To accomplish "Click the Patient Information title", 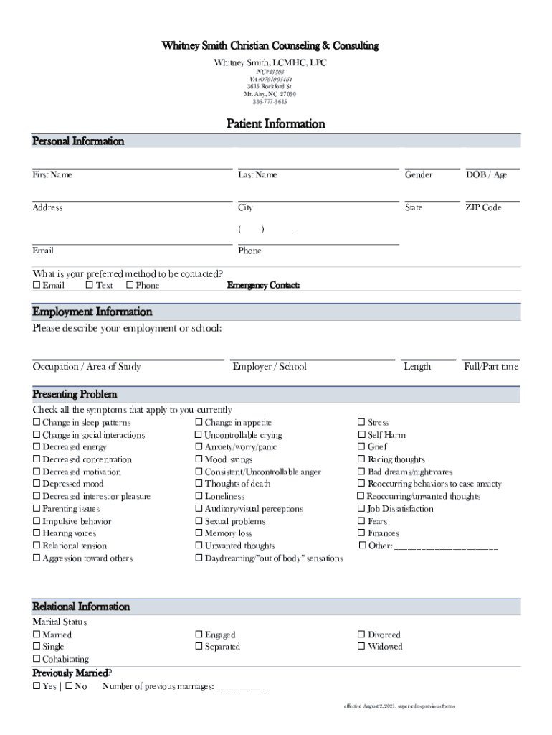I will (x=276, y=124).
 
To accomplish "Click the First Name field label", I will (x=52, y=174).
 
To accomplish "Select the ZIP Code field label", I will (x=483, y=207).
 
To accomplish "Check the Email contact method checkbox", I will (x=37, y=286).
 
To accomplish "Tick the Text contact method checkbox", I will (x=89, y=286).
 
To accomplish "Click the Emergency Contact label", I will (x=263, y=286).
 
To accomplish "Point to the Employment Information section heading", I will (x=92, y=312).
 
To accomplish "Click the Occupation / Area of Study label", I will (x=87, y=367).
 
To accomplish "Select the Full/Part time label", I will (x=491, y=367).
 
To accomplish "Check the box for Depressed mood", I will (x=37, y=484).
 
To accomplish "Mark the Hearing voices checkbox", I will (x=37, y=534).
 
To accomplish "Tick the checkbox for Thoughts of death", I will (x=199, y=484).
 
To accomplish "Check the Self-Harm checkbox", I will (x=362, y=435).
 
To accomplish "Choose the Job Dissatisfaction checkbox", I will (x=362, y=509).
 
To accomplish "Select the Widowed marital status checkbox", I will (x=362, y=647).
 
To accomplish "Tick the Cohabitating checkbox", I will (x=37, y=659).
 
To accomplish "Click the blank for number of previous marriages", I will (x=240, y=688).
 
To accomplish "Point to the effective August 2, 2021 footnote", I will (x=399, y=706).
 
